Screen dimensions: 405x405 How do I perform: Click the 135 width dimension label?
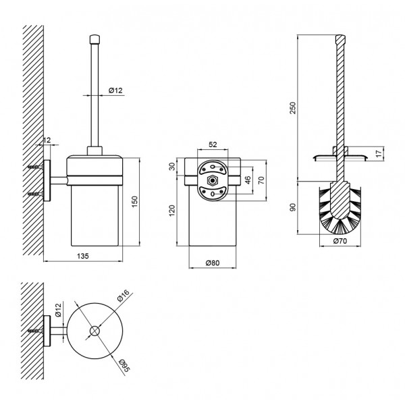[83, 256]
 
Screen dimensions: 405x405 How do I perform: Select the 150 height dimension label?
[134, 202]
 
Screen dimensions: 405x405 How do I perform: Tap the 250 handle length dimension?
[292, 108]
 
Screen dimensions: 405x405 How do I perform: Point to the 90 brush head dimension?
[293, 207]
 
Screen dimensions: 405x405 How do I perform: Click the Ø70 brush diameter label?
[340, 241]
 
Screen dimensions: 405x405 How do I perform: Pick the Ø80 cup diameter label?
[213, 263]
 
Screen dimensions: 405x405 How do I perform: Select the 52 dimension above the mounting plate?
[213, 144]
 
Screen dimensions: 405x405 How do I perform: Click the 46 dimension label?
[248, 180]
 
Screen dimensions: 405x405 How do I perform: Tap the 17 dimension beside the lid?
[379, 154]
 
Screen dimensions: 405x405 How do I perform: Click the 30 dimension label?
[172, 166]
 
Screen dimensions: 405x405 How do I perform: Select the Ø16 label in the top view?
[124, 296]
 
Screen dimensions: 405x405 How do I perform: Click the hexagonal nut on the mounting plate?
[213, 180]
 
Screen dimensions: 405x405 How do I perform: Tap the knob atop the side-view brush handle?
[94, 39]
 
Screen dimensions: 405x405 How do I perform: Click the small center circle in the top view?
[94, 331]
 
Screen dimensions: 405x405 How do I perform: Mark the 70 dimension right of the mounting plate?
[261, 180]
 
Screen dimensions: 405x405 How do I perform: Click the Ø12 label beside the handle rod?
[115, 90]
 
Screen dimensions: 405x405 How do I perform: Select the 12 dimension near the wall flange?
[47, 140]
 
